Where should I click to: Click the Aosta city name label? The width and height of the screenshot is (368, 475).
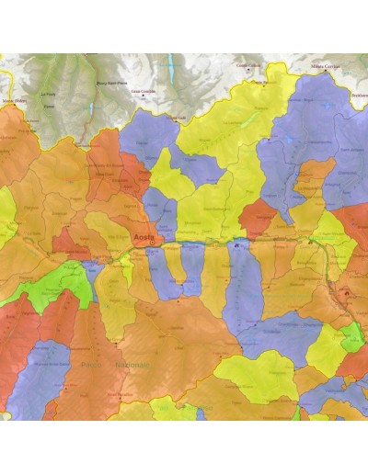[143, 237]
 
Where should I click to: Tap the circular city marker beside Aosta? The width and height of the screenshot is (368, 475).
[154, 242]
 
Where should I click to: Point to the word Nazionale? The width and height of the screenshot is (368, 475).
[132, 365]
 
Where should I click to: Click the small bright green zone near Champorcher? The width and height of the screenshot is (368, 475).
[351, 341]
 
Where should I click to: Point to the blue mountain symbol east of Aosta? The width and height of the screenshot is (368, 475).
[237, 244]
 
